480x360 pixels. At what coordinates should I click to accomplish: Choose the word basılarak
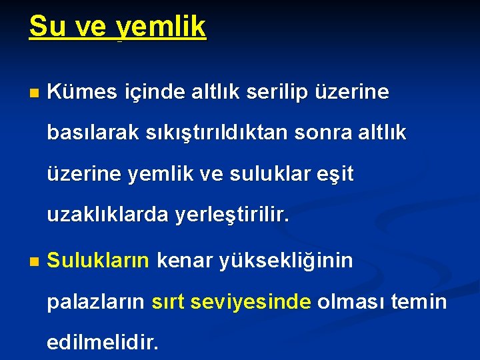click(x=90, y=133)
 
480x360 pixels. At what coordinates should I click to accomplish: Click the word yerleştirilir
click(x=232, y=216)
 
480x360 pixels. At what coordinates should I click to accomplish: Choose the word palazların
click(x=95, y=302)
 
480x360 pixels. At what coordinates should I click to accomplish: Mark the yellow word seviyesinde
click(x=250, y=302)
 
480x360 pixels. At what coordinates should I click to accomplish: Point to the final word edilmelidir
click(x=103, y=343)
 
